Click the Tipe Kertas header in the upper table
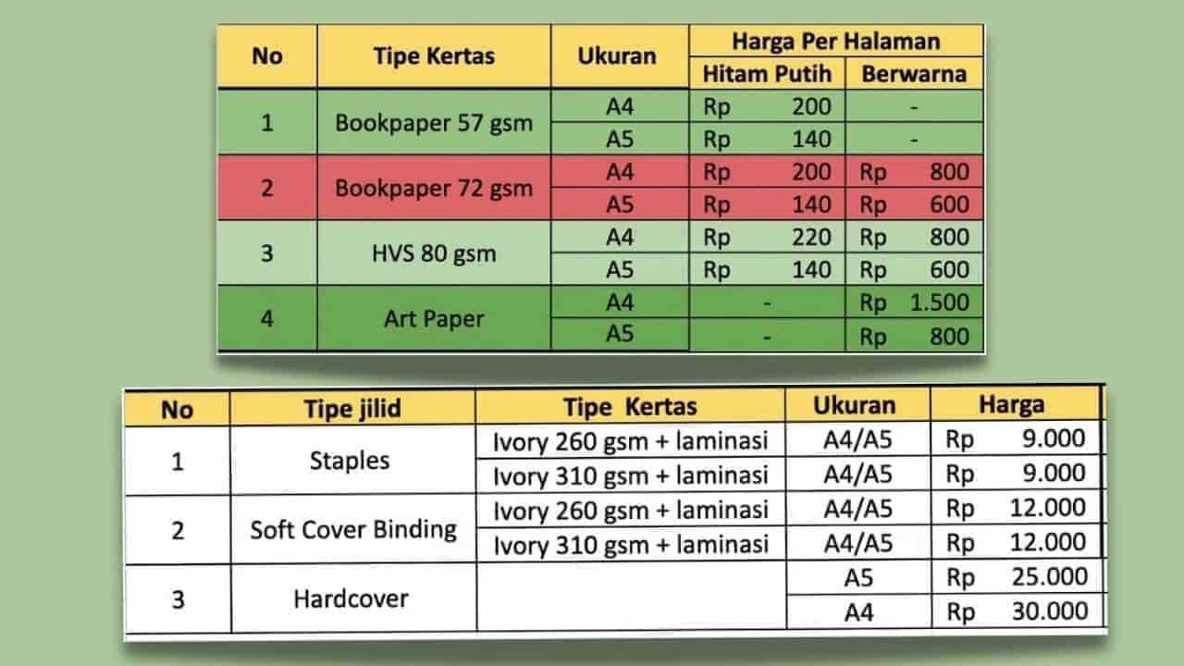coord(434,55)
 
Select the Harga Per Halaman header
coord(835,41)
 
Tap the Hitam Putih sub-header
coord(767,74)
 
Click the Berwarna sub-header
coord(914,74)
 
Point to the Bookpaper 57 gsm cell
coord(434,122)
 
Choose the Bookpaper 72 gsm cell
coord(434,188)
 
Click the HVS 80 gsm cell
coord(434,253)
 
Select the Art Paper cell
coord(434,319)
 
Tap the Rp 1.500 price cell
coord(914,302)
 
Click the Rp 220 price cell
coord(767,237)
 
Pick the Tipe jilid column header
coord(352,408)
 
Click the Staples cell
coord(351,460)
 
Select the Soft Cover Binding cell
coord(353,530)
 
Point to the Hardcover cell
coord(351,598)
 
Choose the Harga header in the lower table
coord(1012,404)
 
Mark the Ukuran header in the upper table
coord(617,55)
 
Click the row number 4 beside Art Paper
coord(266,319)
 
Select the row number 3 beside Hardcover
coord(177,599)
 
